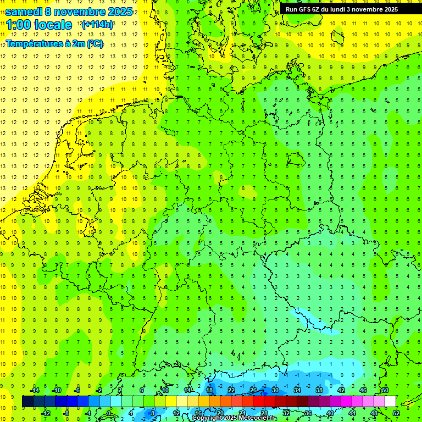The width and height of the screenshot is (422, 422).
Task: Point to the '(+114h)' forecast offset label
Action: point(97,25)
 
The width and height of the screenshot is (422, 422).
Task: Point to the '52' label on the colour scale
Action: point(397,413)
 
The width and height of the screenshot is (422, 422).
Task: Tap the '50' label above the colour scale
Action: point(385,390)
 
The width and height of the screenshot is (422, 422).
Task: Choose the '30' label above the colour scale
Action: point(275,390)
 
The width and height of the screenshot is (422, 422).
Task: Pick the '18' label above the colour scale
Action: point(209,390)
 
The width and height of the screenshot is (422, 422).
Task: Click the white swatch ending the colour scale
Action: point(391,402)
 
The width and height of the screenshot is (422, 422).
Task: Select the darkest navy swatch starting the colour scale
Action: point(27,402)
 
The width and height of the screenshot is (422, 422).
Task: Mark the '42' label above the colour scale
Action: point(341,390)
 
